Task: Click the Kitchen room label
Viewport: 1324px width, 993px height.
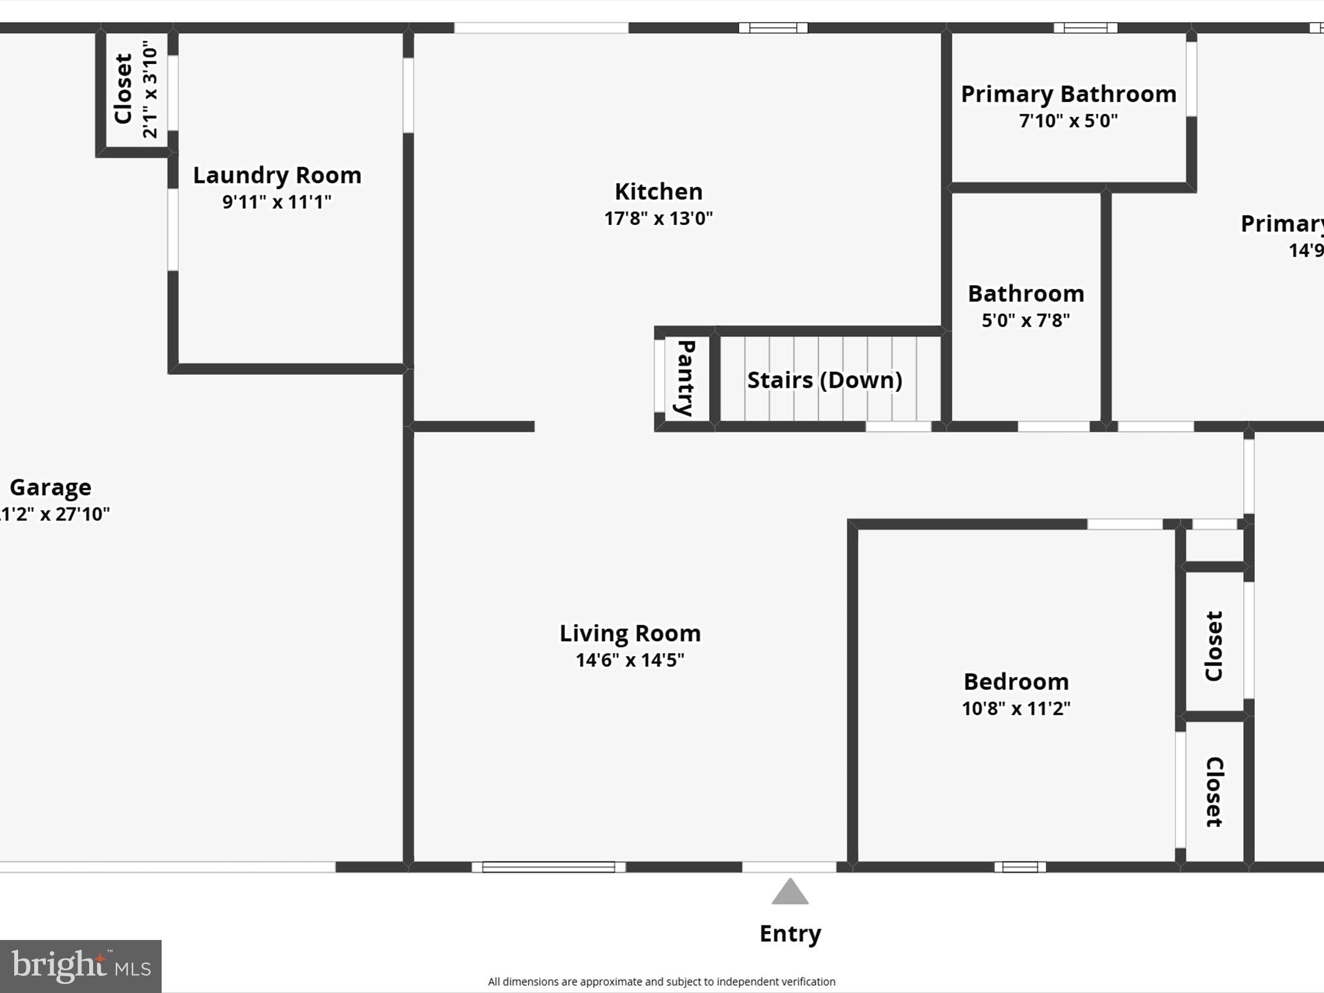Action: tap(658, 191)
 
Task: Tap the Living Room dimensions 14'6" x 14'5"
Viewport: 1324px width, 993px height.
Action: tap(630, 660)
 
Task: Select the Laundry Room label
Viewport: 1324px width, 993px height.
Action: tap(277, 175)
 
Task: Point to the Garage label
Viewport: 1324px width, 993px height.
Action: tap(50, 487)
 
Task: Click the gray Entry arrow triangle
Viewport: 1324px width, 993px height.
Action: tap(790, 893)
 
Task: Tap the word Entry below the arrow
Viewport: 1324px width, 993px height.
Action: tap(790, 934)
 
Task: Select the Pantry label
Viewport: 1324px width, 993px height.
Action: tap(685, 378)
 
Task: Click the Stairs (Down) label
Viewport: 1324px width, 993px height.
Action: tap(824, 380)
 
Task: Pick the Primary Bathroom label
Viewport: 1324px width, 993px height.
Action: tap(1068, 94)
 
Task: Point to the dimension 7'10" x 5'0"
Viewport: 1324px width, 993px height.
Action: tap(1068, 121)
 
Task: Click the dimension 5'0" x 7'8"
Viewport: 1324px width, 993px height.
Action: tap(1025, 320)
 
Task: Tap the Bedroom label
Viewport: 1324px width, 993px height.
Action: tap(1016, 681)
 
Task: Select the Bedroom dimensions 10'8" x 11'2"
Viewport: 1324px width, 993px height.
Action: tap(1016, 709)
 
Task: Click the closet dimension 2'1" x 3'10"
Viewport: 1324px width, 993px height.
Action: tap(150, 89)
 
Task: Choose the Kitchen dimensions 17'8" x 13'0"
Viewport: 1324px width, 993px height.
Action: tap(658, 219)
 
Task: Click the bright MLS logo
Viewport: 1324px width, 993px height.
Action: tap(81, 966)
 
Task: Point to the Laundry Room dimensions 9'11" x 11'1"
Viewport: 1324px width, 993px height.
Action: tap(277, 202)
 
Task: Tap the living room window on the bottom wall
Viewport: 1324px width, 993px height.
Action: tap(548, 867)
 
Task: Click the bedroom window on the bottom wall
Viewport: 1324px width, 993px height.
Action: tap(1020, 867)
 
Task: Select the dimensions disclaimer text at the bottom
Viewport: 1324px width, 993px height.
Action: tap(661, 981)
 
